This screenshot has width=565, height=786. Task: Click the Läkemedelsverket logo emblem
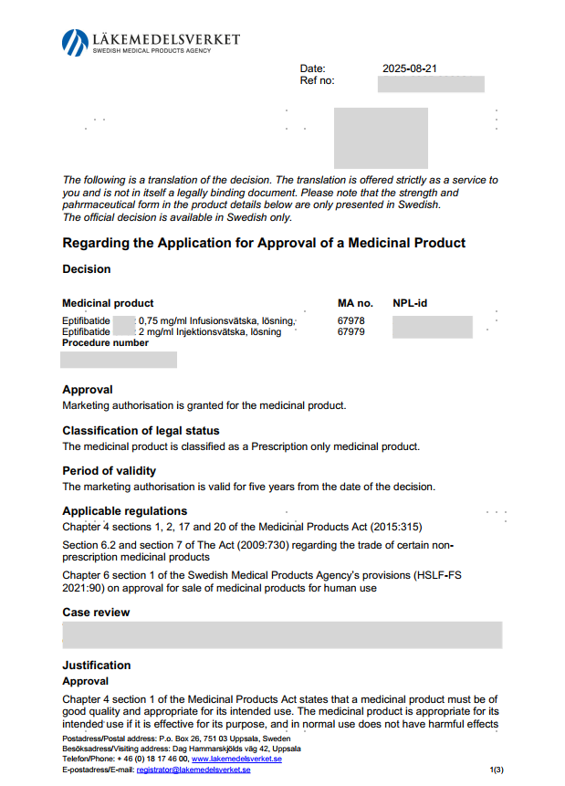75,42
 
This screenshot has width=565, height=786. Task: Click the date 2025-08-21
411,68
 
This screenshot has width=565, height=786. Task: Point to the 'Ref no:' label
317,81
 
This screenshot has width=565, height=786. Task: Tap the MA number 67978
351,321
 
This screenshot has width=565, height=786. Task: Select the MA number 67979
351,332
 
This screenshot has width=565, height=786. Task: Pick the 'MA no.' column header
356,303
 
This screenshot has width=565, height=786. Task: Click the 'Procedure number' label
105,343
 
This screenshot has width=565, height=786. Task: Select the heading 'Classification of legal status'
141,431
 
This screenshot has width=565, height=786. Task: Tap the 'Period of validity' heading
109,471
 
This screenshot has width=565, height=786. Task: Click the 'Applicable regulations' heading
124,511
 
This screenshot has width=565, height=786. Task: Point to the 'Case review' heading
96,613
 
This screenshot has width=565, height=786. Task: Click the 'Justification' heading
97,665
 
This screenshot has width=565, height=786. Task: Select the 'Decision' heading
87,269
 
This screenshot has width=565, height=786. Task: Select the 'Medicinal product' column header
108,303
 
